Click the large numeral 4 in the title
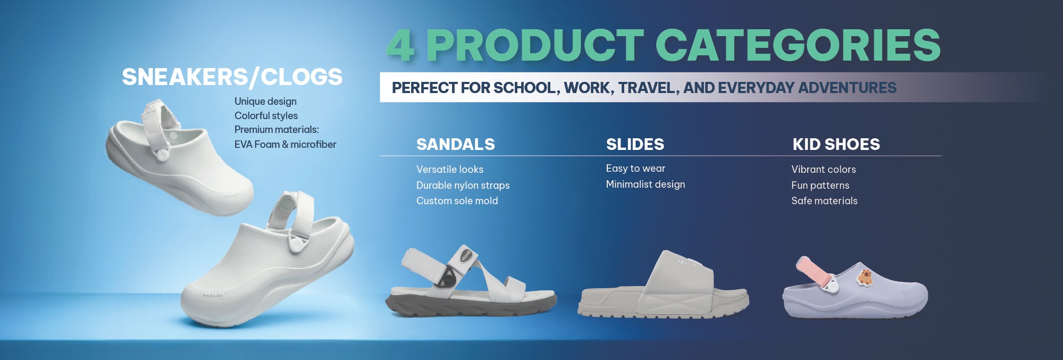click(400, 45)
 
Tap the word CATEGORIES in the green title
click(798, 45)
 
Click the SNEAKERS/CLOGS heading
click(232, 77)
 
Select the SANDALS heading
click(456, 144)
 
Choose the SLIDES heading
click(635, 144)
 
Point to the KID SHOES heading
click(836, 144)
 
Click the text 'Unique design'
click(265, 102)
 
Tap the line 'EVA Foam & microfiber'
click(285, 144)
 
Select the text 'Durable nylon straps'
click(463, 185)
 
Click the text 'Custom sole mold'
click(457, 200)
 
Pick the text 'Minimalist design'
click(645, 185)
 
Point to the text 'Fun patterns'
click(820, 185)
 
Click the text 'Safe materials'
click(824, 200)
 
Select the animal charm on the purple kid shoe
click(865, 277)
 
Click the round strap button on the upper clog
click(162, 155)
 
